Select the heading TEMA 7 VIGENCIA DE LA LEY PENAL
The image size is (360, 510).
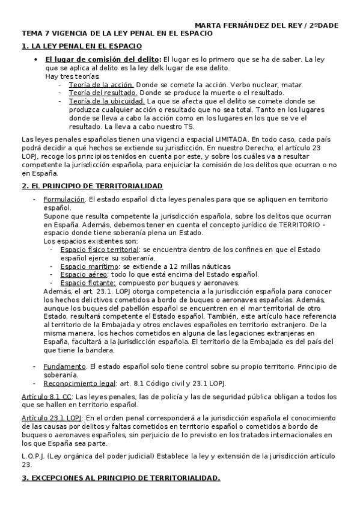pyautogui.click(x=117, y=34)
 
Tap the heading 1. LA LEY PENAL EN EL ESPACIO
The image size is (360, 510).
pyautogui.click(x=82, y=46)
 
